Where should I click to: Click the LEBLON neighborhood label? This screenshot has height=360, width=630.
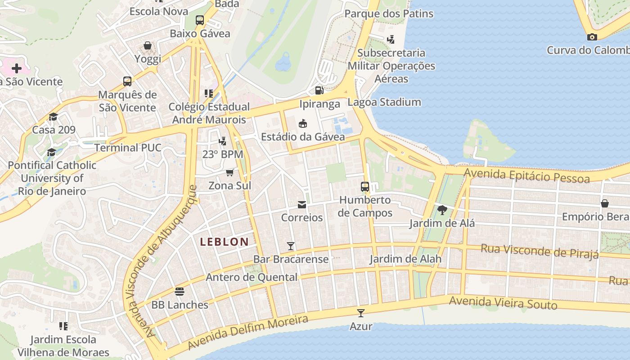pyautogui.click(x=224, y=242)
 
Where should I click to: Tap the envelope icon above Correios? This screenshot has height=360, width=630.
pyautogui.click(x=302, y=205)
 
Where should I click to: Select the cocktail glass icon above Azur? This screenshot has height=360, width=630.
pyautogui.click(x=361, y=313)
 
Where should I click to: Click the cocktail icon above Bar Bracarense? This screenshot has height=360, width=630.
pyautogui.click(x=291, y=246)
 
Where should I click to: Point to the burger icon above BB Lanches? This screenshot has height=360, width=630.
pyautogui.click(x=180, y=292)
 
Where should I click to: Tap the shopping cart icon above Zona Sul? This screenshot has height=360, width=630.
pyautogui.click(x=230, y=172)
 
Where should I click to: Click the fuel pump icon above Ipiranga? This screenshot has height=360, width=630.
pyautogui.click(x=319, y=90)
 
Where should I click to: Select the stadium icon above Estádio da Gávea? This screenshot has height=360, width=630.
pyautogui.click(x=303, y=123)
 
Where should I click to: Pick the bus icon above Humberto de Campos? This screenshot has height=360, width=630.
pyautogui.click(x=365, y=186)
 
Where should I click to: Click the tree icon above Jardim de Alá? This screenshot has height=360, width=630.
pyautogui.click(x=442, y=210)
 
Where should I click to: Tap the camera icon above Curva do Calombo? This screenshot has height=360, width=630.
pyautogui.click(x=592, y=37)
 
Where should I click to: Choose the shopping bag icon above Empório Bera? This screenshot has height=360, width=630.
pyautogui.click(x=605, y=203)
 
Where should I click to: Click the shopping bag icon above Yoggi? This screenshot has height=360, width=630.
pyautogui.click(x=148, y=45)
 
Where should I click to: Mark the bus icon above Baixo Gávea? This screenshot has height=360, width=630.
pyautogui.click(x=200, y=20)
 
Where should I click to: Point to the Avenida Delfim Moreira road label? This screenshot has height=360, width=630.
pyautogui.click(x=248, y=333)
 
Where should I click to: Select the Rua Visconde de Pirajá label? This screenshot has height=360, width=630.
pyautogui.click(x=540, y=251)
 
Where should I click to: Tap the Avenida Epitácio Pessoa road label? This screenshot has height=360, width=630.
pyautogui.click(x=526, y=175)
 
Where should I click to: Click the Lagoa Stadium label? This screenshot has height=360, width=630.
pyautogui.click(x=384, y=102)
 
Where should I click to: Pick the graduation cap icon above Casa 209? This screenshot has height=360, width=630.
pyautogui.click(x=54, y=117)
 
